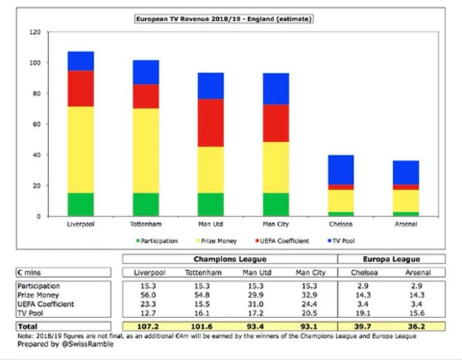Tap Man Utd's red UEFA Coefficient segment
coord(220,123)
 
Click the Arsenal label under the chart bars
coord(406,224)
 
